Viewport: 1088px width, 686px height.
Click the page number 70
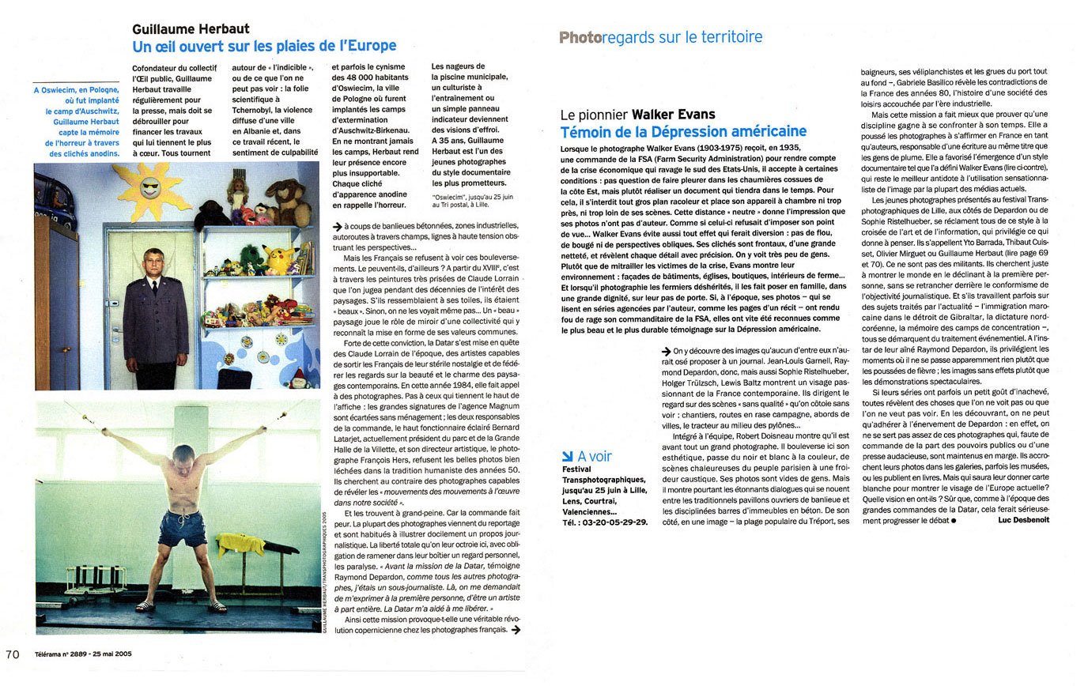click(12, 654)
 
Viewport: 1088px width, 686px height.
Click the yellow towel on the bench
click(240, 545)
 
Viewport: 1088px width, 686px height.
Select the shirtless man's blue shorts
click(183, 528)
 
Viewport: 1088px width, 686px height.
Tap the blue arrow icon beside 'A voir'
click(567, 456)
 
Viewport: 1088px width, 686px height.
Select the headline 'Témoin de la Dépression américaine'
click(683, 132)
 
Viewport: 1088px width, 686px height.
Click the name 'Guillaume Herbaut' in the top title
click(191, 28)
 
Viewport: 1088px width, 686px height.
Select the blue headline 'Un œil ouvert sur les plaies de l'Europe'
click(264, 46)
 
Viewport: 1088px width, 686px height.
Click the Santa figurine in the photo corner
click(298, 378)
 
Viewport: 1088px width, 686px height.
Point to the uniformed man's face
click(153, 262)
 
